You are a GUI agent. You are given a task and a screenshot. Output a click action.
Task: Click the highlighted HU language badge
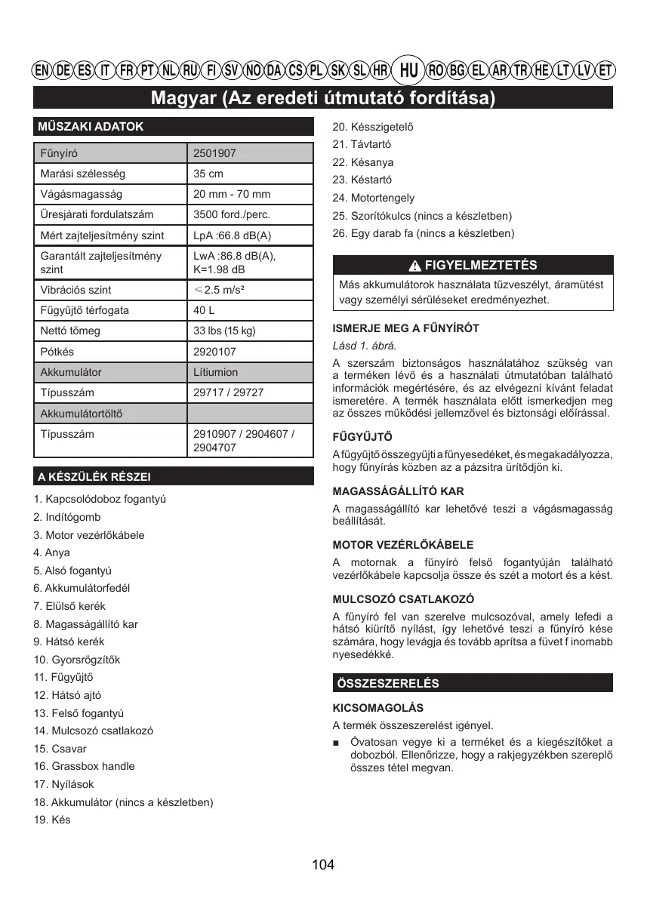tap(408, 71)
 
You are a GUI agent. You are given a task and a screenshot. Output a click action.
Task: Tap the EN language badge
tap(42, 71)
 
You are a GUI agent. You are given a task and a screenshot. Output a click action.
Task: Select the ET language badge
tap(605, 71)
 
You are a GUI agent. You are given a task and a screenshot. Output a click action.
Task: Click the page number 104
tap(323, 865)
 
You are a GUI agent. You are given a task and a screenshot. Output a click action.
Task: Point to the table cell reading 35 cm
tap(208, 174)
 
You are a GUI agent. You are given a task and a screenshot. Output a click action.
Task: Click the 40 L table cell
tap(204, 310)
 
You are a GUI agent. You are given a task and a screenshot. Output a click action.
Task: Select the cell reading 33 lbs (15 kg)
tap(224, 331)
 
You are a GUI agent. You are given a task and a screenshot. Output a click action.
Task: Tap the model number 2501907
tap(214, 153)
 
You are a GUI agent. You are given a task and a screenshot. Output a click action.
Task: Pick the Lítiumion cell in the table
tap(215, 372)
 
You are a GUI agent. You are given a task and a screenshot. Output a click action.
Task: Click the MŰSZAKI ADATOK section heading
tap(91, 127)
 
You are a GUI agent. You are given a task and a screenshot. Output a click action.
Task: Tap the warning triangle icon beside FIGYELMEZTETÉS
tap(414, 266)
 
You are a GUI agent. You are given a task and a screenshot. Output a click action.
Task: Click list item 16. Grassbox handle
tap(84, 766)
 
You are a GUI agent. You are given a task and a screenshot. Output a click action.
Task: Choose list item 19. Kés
tap(52, 820)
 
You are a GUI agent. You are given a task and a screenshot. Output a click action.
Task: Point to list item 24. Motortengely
tap(373, 198)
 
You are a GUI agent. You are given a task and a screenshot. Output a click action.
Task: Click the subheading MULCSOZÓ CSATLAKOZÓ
tap(403, 599)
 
